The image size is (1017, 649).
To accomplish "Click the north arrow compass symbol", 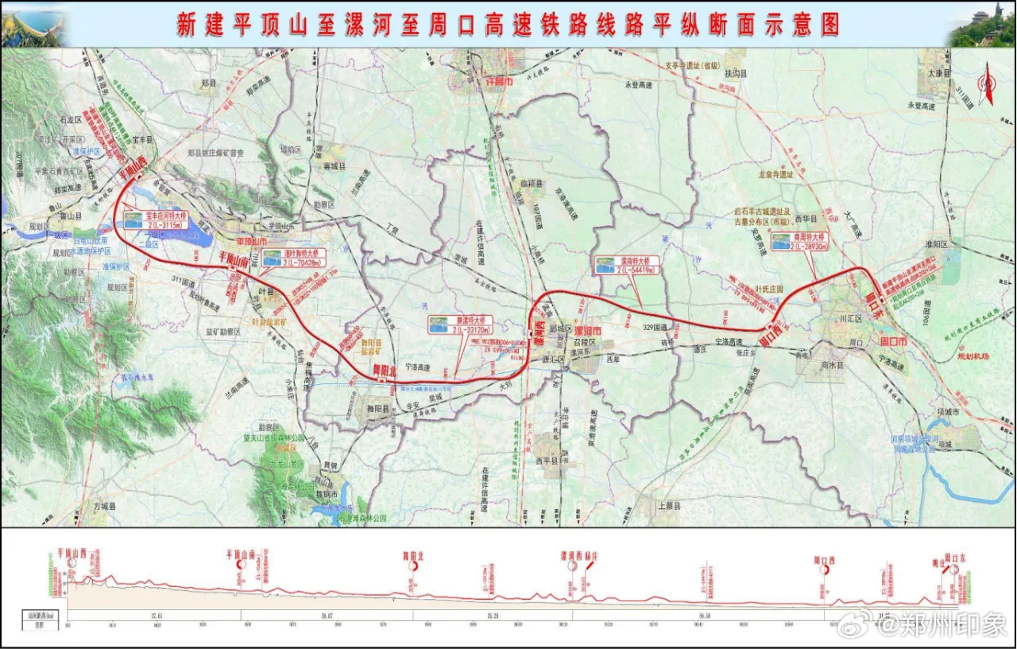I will [x=989, y=87].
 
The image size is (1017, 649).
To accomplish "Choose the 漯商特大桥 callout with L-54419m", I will [x=626, y=265].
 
